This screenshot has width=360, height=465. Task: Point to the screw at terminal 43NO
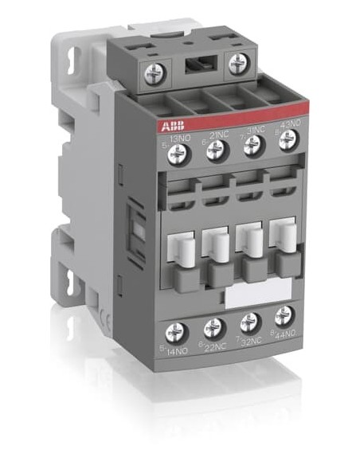[288, 139]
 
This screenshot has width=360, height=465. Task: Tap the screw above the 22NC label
[213, 327]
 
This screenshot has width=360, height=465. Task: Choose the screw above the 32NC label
[250, 322]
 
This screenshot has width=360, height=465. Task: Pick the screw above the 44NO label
[284, 316]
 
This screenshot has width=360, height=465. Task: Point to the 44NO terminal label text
[288, 334]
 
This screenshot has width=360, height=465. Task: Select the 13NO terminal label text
[179, 136]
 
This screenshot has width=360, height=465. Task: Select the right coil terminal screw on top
[237, 64]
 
